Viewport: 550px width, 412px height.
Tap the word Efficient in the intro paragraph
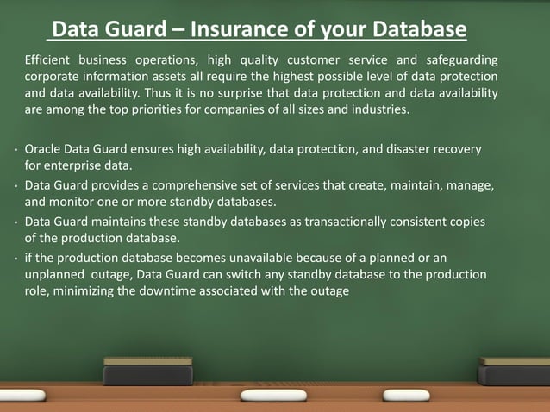(50, 59)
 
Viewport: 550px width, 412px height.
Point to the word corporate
(53, 77)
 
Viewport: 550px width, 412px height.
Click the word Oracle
(43, 150)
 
